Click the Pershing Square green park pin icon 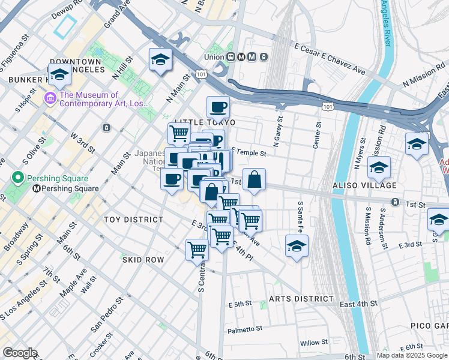[x=19, y=178]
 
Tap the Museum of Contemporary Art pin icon [x=49, y=96]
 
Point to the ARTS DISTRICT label [x=301, y=298]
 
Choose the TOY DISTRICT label [x=133, y=220]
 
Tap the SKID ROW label [x=143, y=260]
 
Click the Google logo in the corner [x=19, y=353]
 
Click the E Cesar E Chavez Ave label [x=330, y=58]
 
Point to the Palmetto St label [x=245, y=328]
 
